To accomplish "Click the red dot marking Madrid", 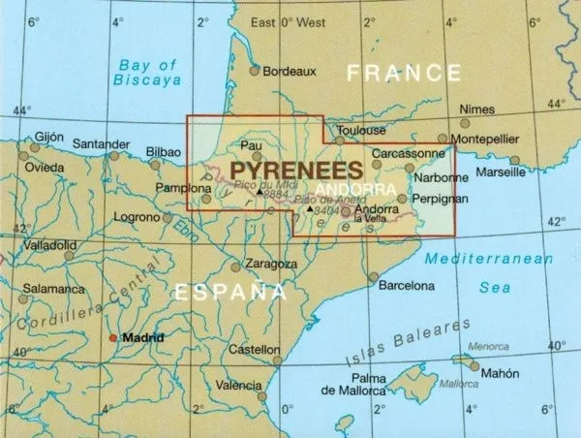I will tap(113, 337).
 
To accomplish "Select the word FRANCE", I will tap(405, 73).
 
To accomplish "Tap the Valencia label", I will tap(237, 385).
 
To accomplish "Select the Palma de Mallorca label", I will tap(369, 384).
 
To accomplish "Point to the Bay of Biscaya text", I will tap(150, 75).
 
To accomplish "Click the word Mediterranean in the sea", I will tap(493, 260).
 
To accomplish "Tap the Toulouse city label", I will tap(360, 130).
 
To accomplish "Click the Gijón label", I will tap(55, 138).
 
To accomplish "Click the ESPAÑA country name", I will tap(229, 290).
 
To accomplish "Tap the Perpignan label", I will tap(441, 199).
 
